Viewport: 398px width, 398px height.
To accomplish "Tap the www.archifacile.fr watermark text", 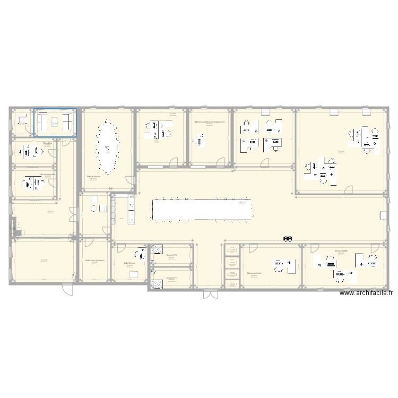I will coord(366,292).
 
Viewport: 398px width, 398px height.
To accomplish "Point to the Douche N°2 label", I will coord(171,255).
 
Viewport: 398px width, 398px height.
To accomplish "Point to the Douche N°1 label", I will coord(171,277).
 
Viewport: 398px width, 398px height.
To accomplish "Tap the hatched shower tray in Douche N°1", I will coord(157,284).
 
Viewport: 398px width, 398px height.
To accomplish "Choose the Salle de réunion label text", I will coord(94,176).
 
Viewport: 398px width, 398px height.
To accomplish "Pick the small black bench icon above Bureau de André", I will coord(288,239).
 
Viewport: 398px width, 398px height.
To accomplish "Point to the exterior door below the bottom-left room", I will coord(67,289).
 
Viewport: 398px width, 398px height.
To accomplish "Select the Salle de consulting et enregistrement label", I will coord(209,122).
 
